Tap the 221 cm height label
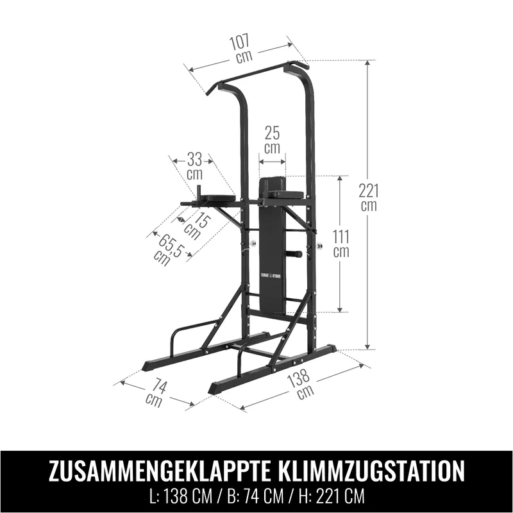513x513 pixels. pos(369,198)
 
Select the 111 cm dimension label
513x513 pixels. pos(341,244)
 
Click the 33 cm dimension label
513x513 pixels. pos(195,167)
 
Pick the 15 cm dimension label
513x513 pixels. pos(196,226)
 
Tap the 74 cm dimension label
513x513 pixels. pos(156,393)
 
